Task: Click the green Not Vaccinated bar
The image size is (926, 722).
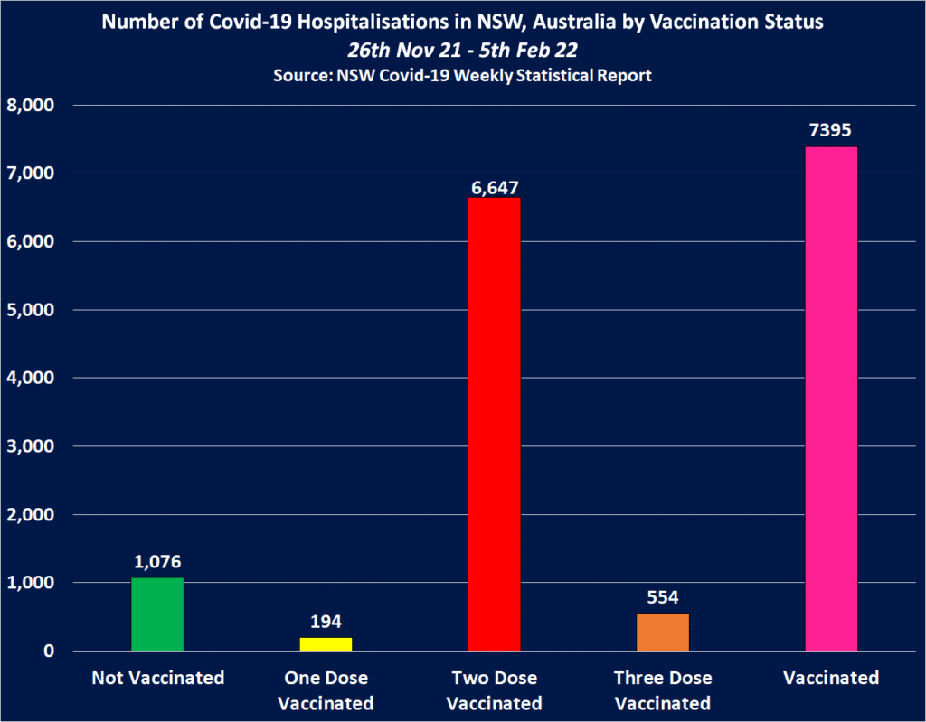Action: click(157, 614)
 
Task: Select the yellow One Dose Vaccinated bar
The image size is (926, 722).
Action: click(326, 644)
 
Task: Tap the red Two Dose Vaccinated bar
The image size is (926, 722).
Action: click(494, 424)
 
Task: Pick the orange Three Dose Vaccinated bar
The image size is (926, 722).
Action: click(663, 633)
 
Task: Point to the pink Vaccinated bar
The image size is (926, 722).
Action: click(831, 399)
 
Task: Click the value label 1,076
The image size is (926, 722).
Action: click(157, 562)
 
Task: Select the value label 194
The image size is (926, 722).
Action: click(326, 622)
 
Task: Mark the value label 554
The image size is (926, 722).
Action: click(663, 597)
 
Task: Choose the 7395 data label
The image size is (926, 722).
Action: click(831, 131)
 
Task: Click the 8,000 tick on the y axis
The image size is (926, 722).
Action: click(32, 105)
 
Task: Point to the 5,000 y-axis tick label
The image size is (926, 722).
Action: click(32, 310)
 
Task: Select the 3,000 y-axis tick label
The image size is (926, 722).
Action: click(32, 446)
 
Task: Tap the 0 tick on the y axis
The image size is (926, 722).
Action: click(50, 652)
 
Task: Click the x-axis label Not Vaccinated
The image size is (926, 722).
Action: click(157, 678)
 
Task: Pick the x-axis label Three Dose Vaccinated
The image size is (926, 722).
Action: click(663, 690)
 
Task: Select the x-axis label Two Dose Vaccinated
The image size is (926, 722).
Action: click(494, 690)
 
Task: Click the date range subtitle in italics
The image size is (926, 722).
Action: click(463, 51)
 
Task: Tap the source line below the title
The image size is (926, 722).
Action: click(463, 76)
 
